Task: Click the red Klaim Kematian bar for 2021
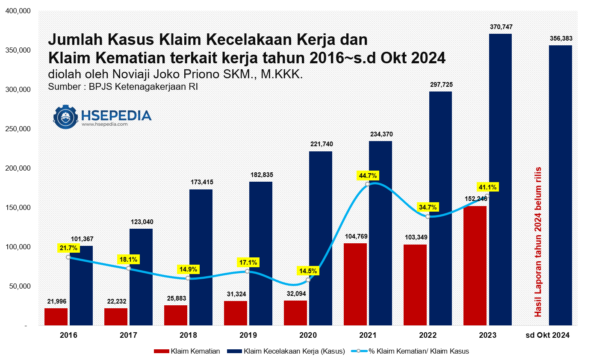coord(355,284)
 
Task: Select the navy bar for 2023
coord(500,180)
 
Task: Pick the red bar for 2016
coord(56,317)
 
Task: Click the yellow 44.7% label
coord(368,175)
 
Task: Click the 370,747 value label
coord(501,27)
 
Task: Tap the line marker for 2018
coord(188,278)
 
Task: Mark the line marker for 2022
coord(428,217)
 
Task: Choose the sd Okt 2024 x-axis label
coord(547,336)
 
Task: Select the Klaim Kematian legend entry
coord(187,351)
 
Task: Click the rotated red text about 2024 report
coord(538,242)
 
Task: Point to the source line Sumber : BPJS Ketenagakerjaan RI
coord(123,86)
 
